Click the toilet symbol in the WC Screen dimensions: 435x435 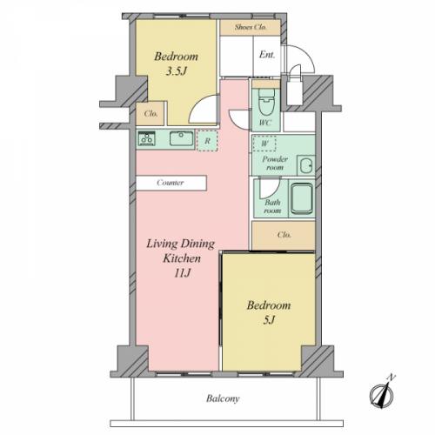pos(266,102)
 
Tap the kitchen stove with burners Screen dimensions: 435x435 pos(146,138)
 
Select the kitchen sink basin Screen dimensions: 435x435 pos(182,138)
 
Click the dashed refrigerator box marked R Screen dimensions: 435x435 pos(207,141)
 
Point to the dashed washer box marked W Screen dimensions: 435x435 pos(264,144)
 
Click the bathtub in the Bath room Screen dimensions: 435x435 pos(302,198)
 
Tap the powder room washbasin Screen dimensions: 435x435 pos(306,166)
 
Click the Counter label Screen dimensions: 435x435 pos(171,183)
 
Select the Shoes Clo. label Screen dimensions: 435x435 pos(251,27)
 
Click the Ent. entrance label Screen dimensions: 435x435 pos(267,54)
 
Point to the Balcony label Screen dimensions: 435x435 pos(223,398)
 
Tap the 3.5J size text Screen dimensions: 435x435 pos(176,71)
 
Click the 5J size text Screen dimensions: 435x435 pos(269,319)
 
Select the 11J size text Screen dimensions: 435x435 pos(182,273)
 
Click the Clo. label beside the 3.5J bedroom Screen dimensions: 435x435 pos(151,113)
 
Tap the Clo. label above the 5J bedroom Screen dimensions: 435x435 pos(284,234)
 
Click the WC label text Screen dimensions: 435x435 pos(264,123)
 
